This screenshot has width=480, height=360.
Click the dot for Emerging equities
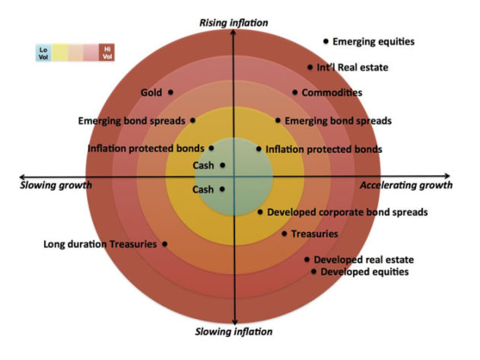tap(326, 41)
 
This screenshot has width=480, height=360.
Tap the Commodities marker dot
tap(295, 93)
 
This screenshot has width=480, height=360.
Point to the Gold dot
tap(170, 93)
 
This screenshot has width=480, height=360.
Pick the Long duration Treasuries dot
tap(165, 244)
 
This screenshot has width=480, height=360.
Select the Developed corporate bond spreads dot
tap(260, 212)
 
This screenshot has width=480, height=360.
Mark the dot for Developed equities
tap(313, 272)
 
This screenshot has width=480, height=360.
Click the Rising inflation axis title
tap(234, 23)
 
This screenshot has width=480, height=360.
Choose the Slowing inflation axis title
tap(234, 332)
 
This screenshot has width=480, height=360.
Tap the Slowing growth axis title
tap(55, 185)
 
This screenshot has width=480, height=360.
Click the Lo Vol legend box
tap(43, 52)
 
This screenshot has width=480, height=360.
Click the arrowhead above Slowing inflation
tap(234, 320)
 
